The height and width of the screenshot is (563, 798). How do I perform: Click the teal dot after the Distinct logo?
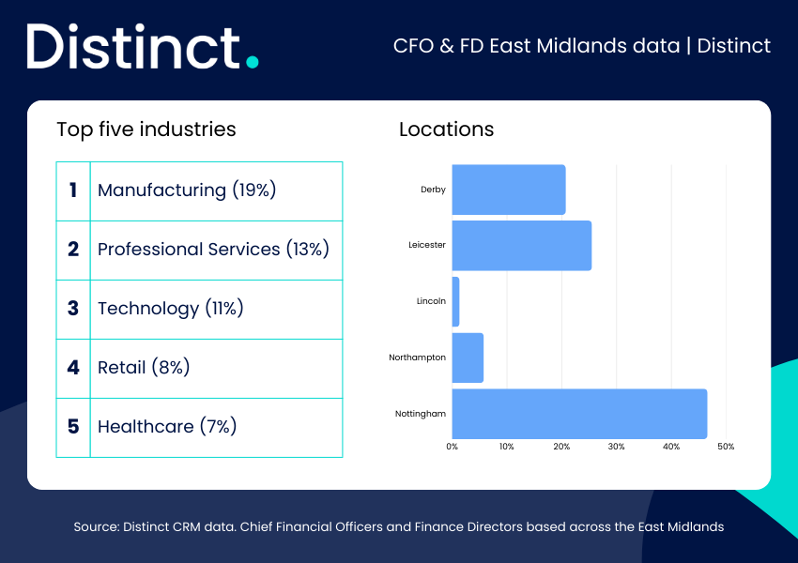pos(252,62)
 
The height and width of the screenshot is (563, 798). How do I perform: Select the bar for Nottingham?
pos(579,414)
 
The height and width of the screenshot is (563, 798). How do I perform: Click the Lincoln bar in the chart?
pos(455,301)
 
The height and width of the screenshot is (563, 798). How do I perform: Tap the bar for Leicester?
pos(522,246)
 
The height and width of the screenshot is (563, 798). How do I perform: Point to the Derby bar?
pos(509,190)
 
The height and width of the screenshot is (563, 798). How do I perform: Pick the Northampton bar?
pos(468,358)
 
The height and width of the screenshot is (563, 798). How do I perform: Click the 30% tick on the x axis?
pos(616,447)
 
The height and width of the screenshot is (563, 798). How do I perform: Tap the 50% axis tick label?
pos(726,447)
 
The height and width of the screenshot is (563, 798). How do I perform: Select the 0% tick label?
pos(452,447)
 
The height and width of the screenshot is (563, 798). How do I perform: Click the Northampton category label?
pos(418,358)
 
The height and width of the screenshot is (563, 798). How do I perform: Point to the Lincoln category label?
pos(431,301)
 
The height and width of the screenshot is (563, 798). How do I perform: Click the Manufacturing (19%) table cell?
pos(216,191)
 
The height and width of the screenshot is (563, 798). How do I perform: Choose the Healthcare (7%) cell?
pos(216,428)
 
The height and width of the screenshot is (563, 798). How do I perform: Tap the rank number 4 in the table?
pos(73,367)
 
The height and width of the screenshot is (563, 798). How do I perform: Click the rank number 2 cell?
pos(73,251)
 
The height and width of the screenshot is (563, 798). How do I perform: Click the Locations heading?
pos(446,129)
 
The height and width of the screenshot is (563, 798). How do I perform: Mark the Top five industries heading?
pos(146,129)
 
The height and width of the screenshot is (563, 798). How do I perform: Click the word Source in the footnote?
pos(96,527)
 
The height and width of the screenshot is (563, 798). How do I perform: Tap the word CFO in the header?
pos(413,46)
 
